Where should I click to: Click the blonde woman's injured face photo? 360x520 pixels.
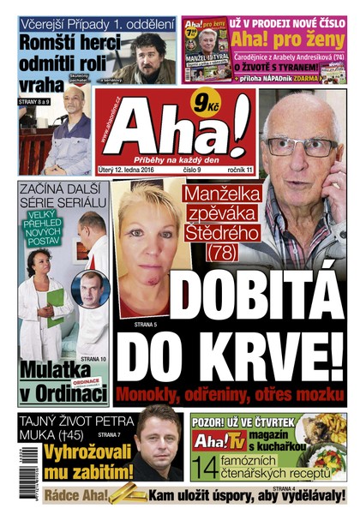(146, 248)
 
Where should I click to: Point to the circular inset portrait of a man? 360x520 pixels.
(90, 290)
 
